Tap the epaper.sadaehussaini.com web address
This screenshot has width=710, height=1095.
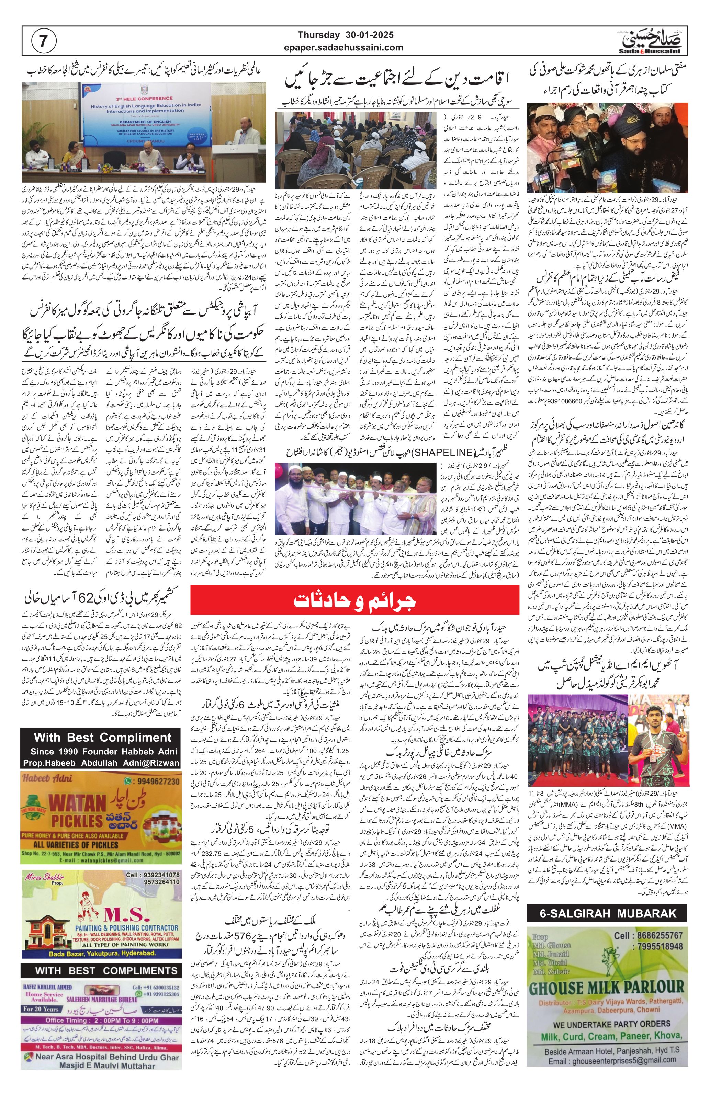tap(350, 47)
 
